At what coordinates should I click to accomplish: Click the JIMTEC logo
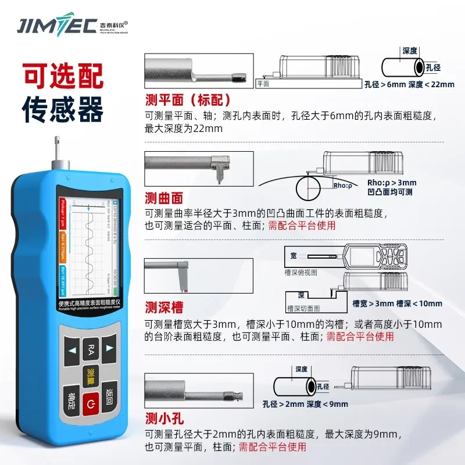click(x=73, y=26)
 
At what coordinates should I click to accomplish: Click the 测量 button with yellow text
click(x=91, y=374)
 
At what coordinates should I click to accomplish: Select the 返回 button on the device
click(x=110, y=395)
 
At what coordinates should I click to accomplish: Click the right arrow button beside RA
click(x=110, y=349)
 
